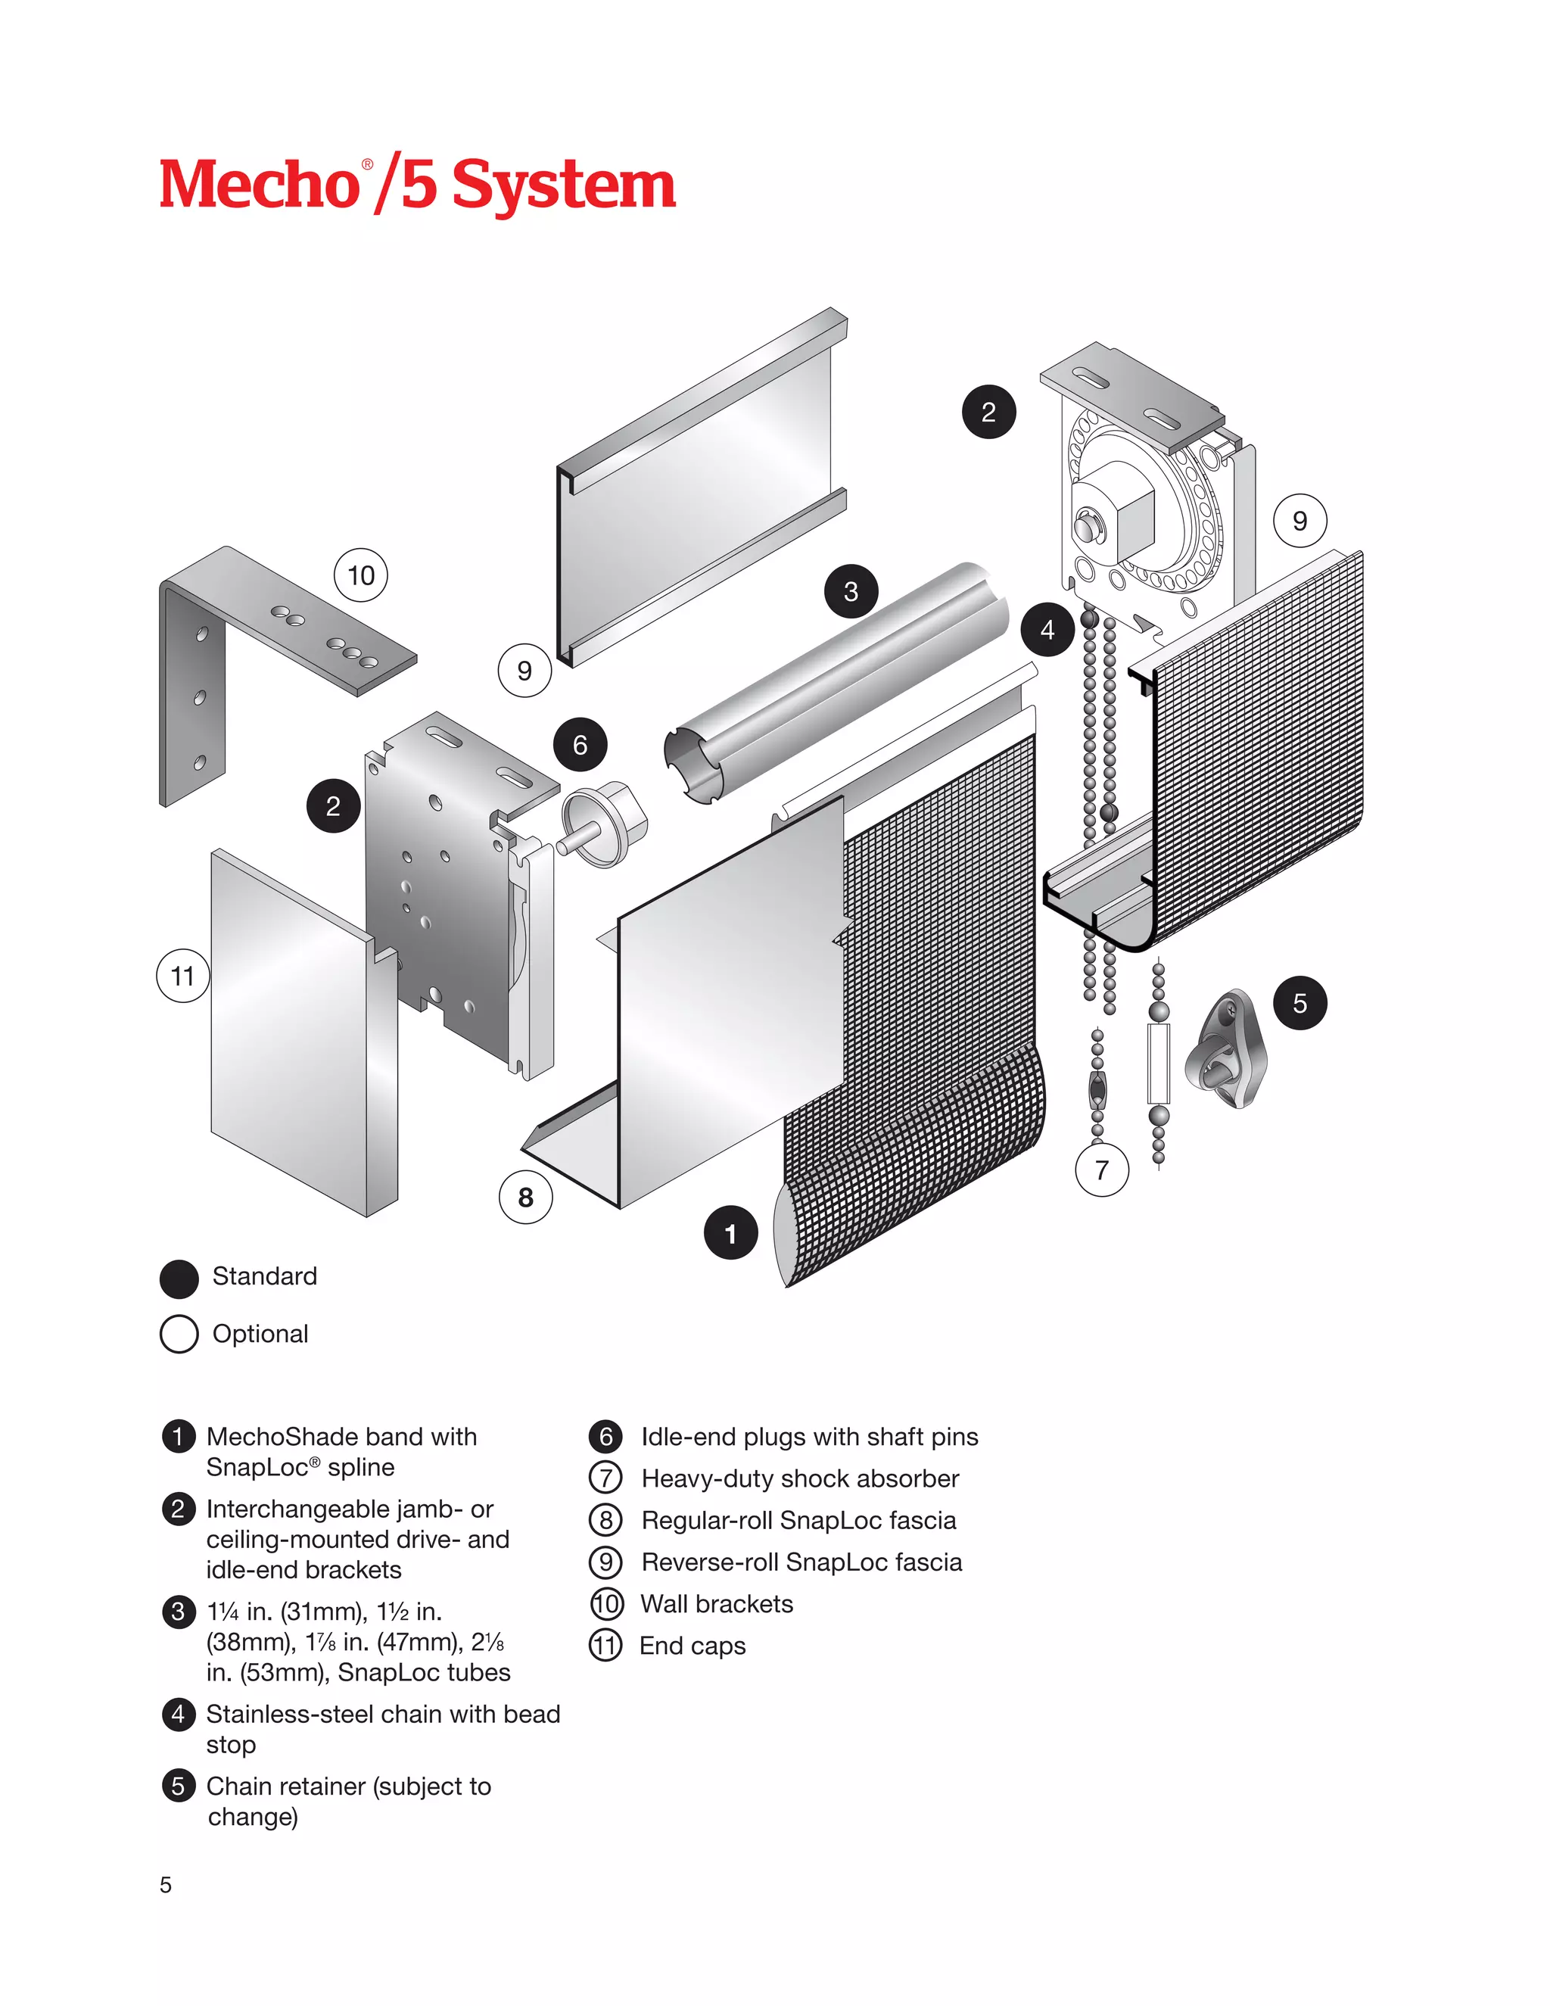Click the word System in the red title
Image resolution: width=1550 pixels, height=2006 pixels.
[x=563, y=185]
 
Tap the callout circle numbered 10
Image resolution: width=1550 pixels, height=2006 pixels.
[x=361, y=576]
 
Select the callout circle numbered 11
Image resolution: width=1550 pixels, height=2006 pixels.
[x=182, y=976]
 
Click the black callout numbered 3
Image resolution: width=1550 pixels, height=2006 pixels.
[x=850, y=591]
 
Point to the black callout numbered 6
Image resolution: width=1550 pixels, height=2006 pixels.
[x=580, y=744]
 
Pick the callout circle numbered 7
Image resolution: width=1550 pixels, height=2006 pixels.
[x=1101, y=1170]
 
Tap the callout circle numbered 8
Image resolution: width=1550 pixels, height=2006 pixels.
[x=525, y=1197]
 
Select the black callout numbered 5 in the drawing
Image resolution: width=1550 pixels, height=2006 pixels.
[x=1299, y=1003]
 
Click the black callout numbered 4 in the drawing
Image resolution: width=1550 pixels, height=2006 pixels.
[x=1047, y=630]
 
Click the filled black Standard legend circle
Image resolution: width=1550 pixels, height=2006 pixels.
[x=179, y=1278]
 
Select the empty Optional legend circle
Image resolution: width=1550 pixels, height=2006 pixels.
[x=179, y=1335]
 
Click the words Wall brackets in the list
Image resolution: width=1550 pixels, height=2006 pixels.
[x=716, y=1604]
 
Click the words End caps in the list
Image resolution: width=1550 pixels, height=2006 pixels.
[x=693, y=1645]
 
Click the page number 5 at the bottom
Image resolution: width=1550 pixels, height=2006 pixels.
[x=165, y=1885]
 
